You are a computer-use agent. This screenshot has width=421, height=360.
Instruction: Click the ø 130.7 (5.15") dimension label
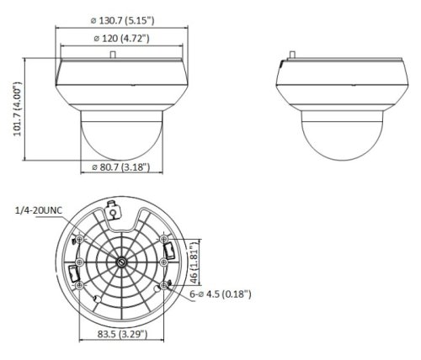click(x=122, y=20)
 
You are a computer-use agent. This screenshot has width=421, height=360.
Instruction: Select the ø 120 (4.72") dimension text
click(x=121, y=38)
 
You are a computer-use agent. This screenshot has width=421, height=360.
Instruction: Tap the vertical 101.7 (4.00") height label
click(x=18, y=109)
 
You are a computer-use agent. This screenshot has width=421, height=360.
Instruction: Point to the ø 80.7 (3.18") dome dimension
click(x=121, y=167)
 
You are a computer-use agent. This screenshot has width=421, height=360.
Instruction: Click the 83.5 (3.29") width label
click(x=122, y=334)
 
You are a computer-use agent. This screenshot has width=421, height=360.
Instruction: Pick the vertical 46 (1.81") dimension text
click(x=195, y=262)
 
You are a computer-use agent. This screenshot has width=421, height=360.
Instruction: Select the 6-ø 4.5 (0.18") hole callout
click(x=221, y=294)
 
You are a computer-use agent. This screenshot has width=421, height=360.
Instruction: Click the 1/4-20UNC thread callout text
click(x=39, y=210)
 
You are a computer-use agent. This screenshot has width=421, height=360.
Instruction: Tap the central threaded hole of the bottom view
click(x=122, y=262)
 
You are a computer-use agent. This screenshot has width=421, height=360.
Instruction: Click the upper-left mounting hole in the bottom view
click(x=80, y=239)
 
